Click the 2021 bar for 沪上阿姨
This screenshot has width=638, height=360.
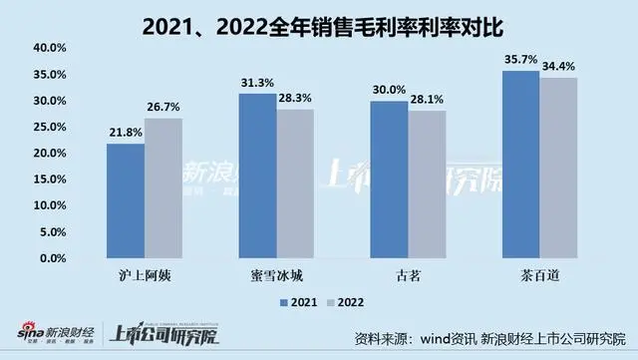(x=125, y=200)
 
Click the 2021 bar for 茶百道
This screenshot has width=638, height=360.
(x=521, y=164)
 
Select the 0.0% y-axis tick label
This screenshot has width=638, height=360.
(x=53, y=258)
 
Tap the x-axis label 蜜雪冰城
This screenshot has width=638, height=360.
(x=276, y=273)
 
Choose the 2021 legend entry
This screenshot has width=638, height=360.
(x=298, y=300)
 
